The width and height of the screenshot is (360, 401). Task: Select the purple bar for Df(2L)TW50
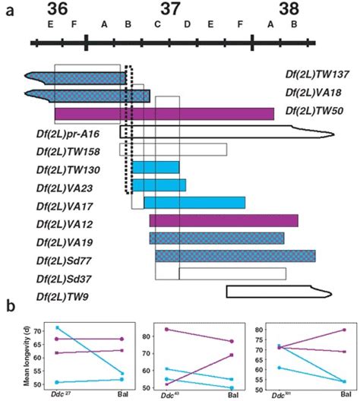(x=164, y=114)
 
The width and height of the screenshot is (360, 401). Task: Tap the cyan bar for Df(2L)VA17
(x=194, y=202)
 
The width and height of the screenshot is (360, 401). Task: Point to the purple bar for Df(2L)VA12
(x=223, y=220)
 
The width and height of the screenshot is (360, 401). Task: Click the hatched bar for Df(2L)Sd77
(x=235, y=256)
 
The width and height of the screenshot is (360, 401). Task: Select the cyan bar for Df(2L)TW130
(x=156, y=167)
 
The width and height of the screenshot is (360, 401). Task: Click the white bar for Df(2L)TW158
(x=179, y=150)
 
